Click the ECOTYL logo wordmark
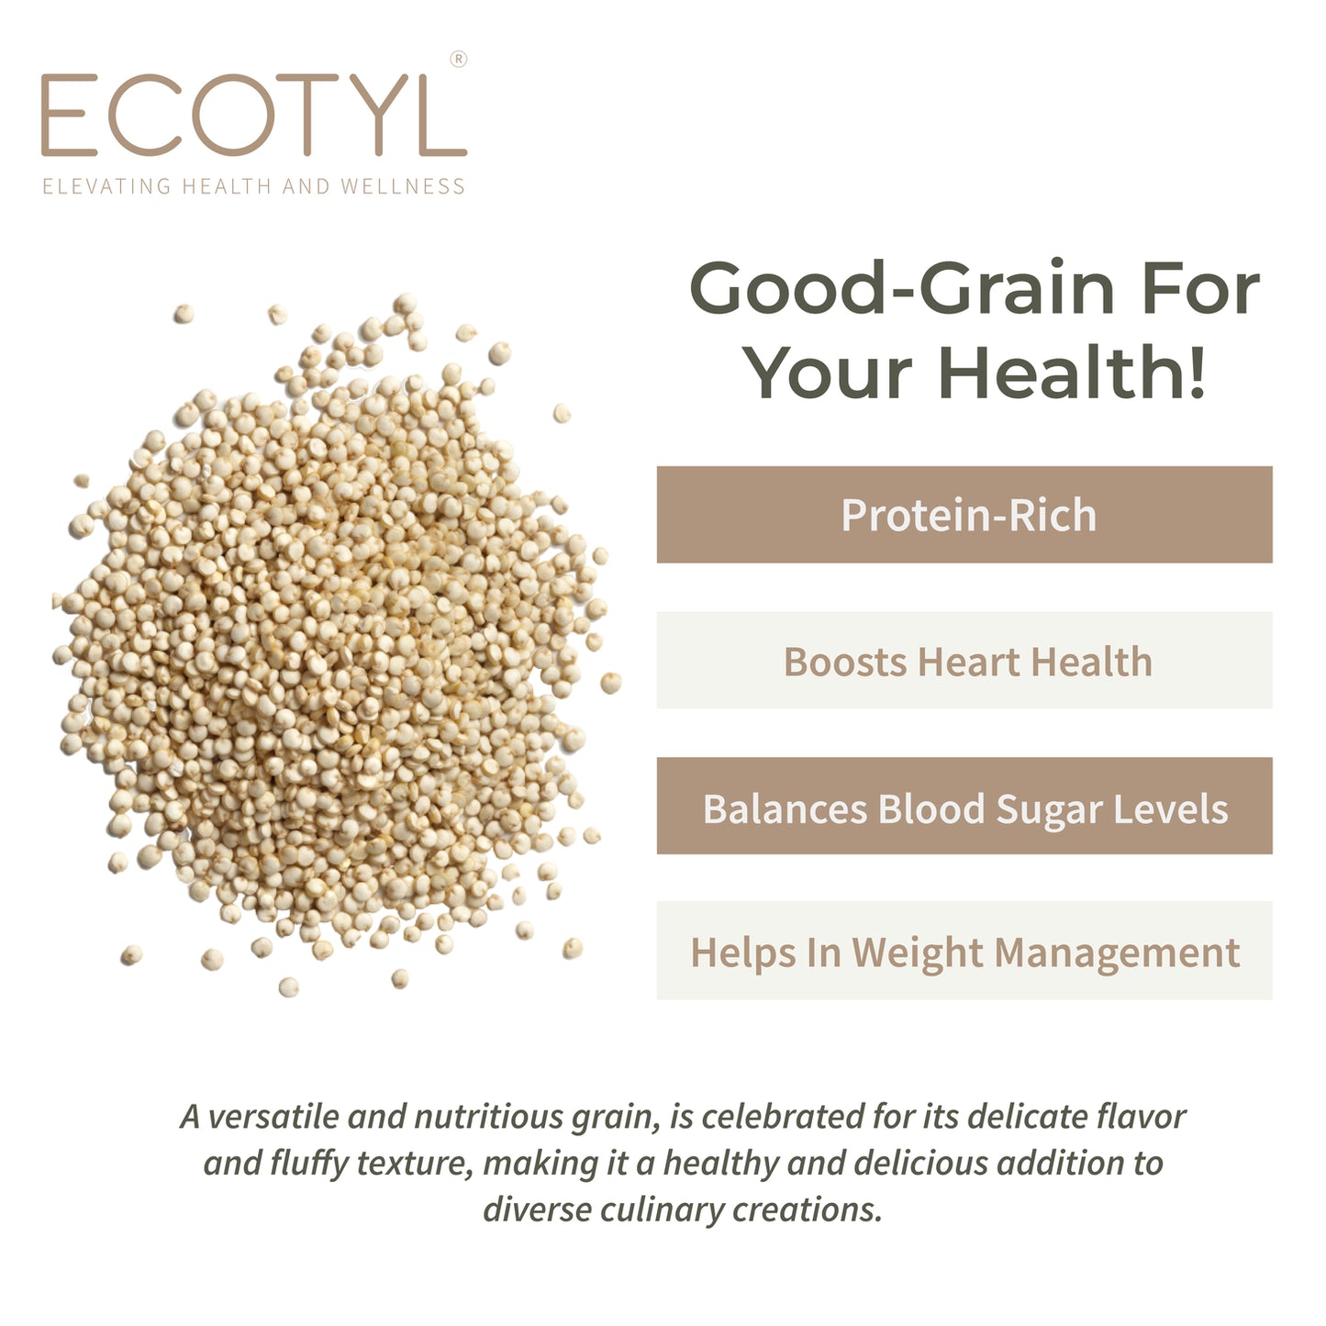(x=253, y=117)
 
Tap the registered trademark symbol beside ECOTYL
(x=459, y=60)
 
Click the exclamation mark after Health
(x=1196, y=373)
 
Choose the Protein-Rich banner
(x=964, y=515)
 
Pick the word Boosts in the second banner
(x=844, y=662)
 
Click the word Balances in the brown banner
(x=785, y=809)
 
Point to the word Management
(x=1117, y=953)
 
